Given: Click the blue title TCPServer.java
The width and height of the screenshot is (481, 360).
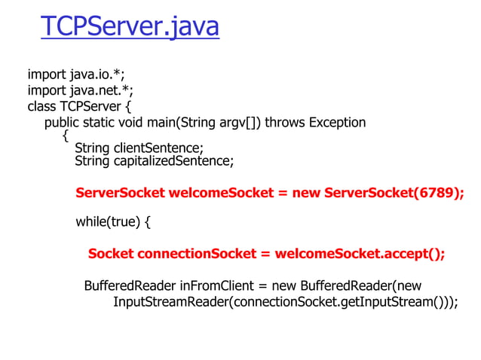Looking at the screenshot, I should (130, 27).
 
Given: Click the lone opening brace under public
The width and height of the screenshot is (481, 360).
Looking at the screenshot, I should (66, 136).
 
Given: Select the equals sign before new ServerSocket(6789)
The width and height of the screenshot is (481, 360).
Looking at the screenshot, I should (283, 192).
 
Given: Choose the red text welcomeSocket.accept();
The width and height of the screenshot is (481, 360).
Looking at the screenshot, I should (360, 254).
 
